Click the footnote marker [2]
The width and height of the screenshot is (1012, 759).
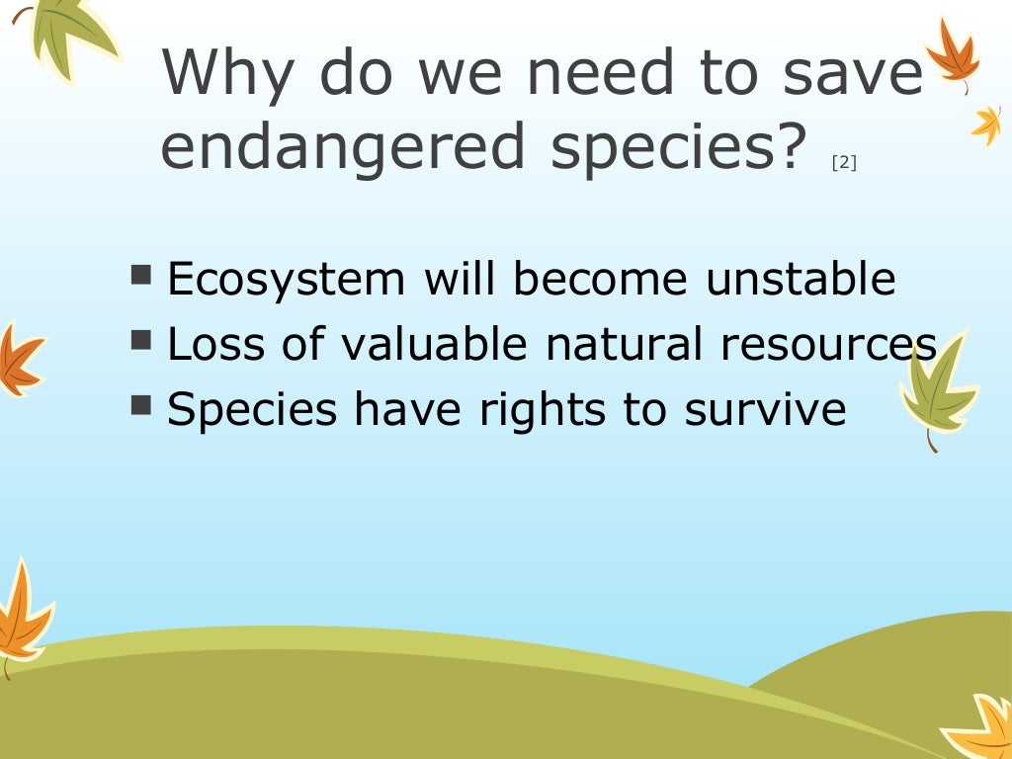pos(844,163)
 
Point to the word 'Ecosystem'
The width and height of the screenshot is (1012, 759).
pos(287,280)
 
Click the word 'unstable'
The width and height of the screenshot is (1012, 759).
pos(801,280)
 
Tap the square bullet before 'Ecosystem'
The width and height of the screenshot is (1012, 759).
pos(141,275)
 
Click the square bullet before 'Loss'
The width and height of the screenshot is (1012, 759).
pos(141,340)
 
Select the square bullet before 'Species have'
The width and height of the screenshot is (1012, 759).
pos(141,404)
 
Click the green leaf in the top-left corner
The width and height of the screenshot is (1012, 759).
pos(69,30)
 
